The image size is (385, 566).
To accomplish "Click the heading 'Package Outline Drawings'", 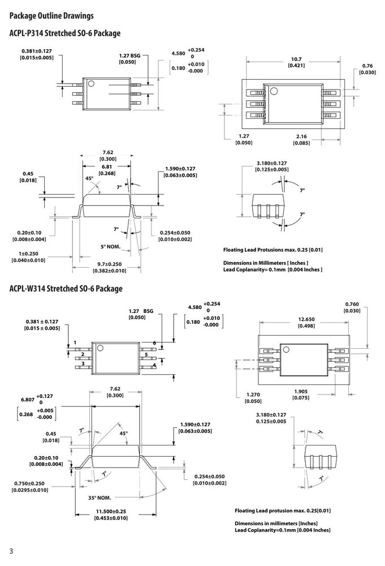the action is pyautogui.click(x=51, y=16).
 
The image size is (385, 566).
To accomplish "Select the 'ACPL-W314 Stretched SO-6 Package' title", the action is pyautogui.click(x=66, y=289).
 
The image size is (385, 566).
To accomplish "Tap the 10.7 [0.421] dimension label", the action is pyautogui.click(x=296, y=62).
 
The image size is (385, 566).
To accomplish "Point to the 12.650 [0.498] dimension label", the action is pyautogui.click(x=306, y=323).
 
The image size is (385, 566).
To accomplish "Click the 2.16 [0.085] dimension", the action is pyautogui.click(x=301, y=140).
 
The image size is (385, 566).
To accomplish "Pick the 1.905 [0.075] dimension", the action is pyautogui.click(x=301, y=395).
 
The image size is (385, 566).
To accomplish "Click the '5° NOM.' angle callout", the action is pyautogui.click(x=111, y=247).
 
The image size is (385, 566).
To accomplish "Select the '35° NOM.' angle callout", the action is pyautogui.click(x=100, y=498).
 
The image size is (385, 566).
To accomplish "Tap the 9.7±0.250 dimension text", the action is pyautogui.click(x=110, y=264).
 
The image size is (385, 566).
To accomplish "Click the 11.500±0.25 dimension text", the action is pyautogui.click(x=111, y=512).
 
